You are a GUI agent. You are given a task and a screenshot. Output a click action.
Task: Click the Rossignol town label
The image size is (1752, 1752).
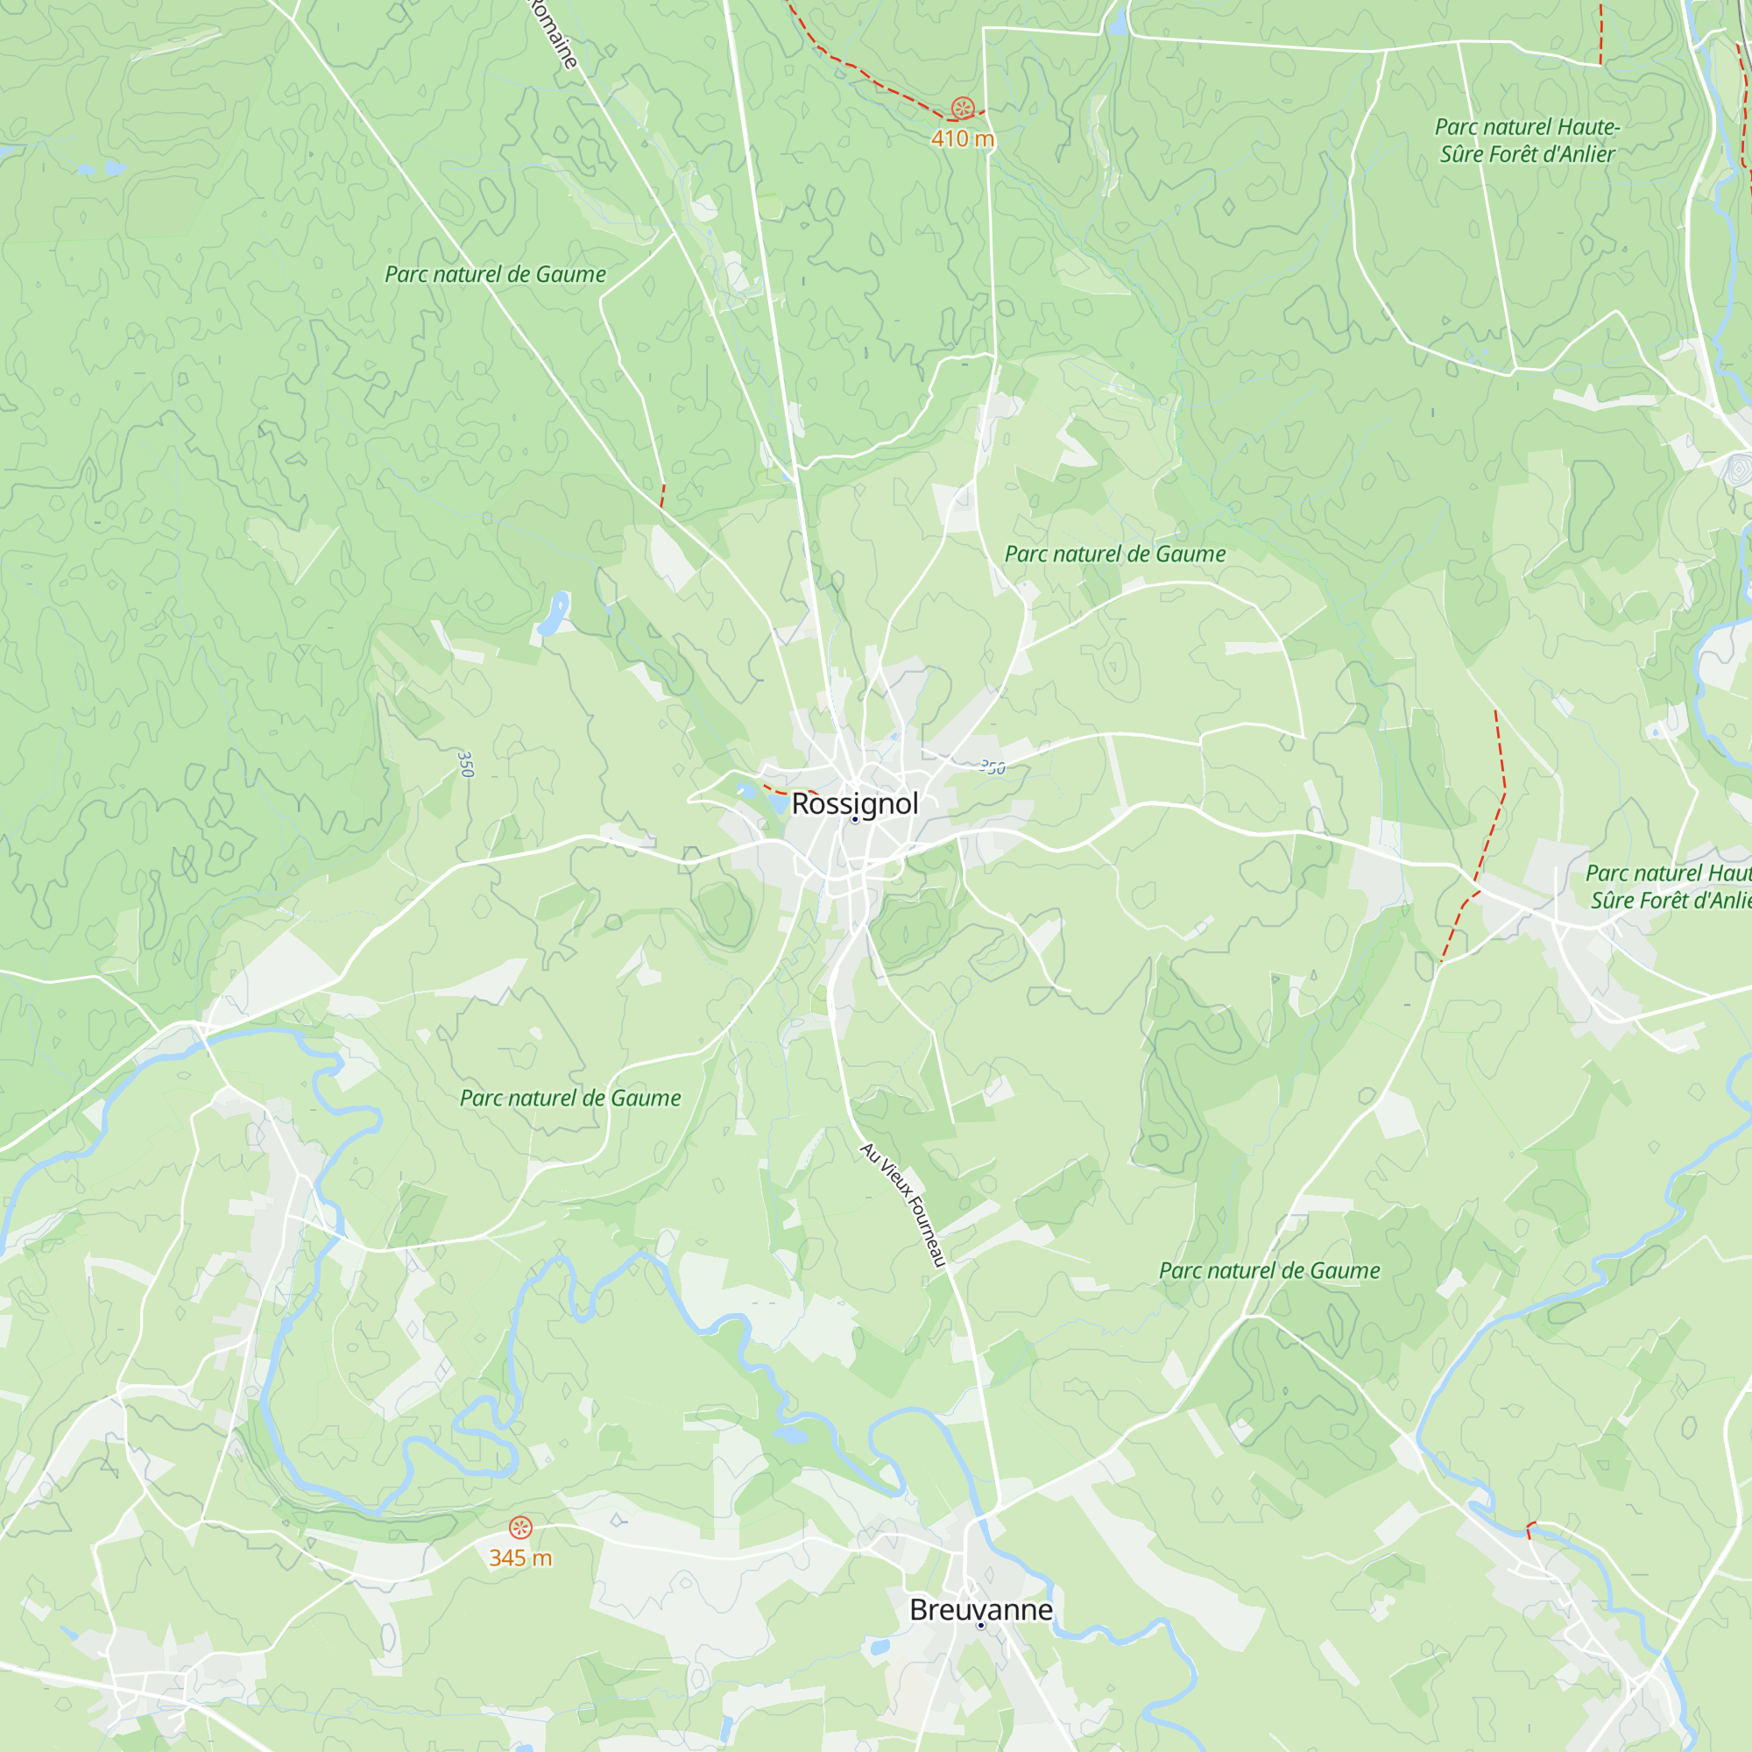pos(854,803)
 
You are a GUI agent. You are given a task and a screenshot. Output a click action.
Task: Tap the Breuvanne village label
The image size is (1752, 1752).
pos(980,1609)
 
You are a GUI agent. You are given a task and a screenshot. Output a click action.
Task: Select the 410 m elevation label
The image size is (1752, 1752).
pos(962,138)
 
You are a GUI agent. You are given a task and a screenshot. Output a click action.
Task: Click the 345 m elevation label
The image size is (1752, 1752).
pos(519,1558)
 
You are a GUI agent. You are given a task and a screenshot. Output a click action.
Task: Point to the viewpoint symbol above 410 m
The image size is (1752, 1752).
pos(962,109)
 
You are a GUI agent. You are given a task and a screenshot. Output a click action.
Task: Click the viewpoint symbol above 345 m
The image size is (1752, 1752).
pos(519,1528)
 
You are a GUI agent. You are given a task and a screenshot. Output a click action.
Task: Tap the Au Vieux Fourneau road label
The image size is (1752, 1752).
pos(903,1204)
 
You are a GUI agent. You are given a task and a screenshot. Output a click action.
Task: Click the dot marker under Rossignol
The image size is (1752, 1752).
pos(854,820)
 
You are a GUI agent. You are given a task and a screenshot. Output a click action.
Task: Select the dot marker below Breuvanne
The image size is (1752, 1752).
pos(980,1626)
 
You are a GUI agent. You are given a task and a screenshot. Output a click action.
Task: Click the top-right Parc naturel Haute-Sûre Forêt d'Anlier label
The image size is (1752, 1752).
pos(1527,140)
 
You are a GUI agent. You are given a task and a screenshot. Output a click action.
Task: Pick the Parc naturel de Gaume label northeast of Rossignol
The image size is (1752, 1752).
pos(1114,555)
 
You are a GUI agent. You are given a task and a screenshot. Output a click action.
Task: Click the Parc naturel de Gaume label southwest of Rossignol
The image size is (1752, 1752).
pos(569,1099)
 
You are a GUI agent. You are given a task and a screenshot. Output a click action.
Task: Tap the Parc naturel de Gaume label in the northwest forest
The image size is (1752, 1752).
pos(495,274)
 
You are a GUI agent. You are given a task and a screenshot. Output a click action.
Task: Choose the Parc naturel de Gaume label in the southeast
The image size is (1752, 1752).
pos(1268,1270)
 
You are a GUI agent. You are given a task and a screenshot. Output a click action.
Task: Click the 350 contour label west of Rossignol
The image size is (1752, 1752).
pos(465,764)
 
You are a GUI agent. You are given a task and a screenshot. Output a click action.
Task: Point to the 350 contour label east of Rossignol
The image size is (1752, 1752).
pos(993,768)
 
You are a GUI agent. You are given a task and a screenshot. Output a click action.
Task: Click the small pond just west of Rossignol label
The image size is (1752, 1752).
pos(777,802)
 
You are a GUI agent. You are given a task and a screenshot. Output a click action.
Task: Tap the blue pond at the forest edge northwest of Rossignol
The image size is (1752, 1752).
pos(552,614)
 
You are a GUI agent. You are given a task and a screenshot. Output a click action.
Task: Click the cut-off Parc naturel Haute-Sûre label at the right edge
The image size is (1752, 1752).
pos(1669,886)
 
